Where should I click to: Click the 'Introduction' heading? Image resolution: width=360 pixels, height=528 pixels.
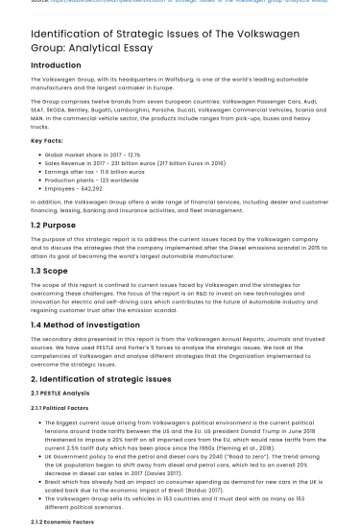[56, 65]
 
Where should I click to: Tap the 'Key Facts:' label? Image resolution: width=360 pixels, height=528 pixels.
[47, 141]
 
